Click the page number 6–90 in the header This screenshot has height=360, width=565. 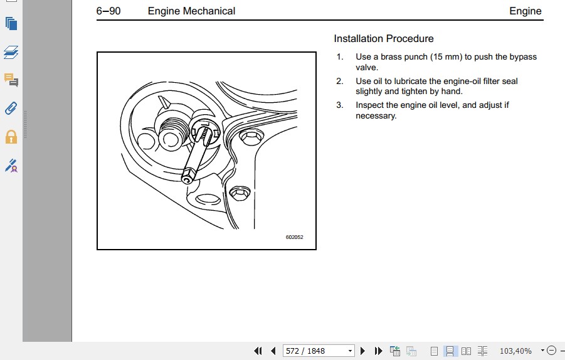(x=108, y=11)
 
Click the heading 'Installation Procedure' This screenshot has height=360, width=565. (x=384, y=38)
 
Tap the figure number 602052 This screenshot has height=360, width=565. (x=294, y=237)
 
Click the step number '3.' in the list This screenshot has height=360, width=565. (x=340, y=105)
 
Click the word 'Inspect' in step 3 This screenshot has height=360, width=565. (x=369, y=105)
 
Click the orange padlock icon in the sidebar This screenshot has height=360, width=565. (x=11, y=137)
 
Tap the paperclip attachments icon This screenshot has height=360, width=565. (x=11, y=108)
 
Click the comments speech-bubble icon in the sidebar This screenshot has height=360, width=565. (x=11, y=80)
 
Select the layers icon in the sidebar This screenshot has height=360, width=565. (x=11, y=52)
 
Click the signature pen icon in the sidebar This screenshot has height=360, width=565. (x=11, y=166)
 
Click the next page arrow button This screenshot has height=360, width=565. (x=362, y=351)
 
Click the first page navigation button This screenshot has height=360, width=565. (x=258, y=351)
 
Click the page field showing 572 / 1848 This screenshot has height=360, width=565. (x=318, y=351)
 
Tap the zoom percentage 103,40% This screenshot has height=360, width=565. (x=515, y=351)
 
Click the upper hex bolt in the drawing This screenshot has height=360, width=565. (x=251, y=137)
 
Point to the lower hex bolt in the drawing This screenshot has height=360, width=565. (x=240, y=194)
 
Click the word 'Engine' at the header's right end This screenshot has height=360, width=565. (x=525, y=11)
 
